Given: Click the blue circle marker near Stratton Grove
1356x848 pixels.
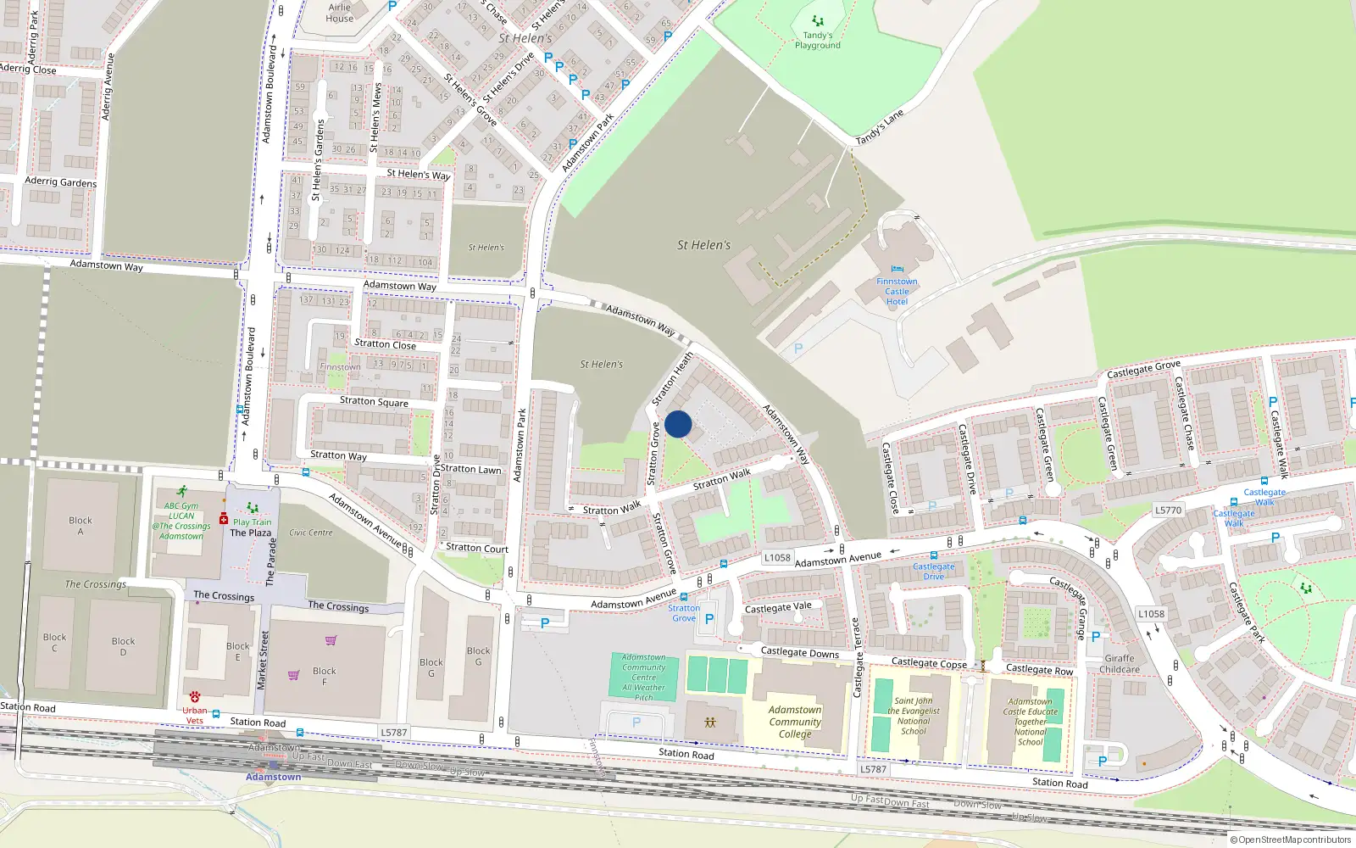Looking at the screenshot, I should point(678,424).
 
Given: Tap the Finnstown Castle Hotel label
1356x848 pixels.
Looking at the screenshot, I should point(897,291).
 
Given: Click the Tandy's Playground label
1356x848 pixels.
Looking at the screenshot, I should point(817,40).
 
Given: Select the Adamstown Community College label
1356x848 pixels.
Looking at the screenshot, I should point(795,722).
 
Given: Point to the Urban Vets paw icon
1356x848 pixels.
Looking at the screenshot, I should point(195,697).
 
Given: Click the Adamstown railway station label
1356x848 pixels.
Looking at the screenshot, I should point(273,777).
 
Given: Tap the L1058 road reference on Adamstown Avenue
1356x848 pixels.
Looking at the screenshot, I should point(777,557).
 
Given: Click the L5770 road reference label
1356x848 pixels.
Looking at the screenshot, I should point(1168,510).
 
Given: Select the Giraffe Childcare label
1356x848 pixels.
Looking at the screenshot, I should point(1119,663).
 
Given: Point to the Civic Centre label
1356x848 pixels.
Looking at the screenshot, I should point(311,533).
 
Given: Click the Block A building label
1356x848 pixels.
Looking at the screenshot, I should point(81,526).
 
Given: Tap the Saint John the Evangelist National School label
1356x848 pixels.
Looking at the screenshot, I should point(914,716).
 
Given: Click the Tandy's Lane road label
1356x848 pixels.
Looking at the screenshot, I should point(880,127).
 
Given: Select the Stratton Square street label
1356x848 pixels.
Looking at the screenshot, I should point(374,401).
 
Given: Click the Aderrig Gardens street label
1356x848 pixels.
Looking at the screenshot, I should point(61,181).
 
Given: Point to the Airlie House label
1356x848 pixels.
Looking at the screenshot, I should point(340,13).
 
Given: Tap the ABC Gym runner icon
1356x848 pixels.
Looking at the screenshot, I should point(182,492).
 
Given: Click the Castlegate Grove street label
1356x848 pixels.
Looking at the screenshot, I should point(1143,370).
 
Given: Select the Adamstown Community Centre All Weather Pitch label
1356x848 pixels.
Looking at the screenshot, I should point(644,677).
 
